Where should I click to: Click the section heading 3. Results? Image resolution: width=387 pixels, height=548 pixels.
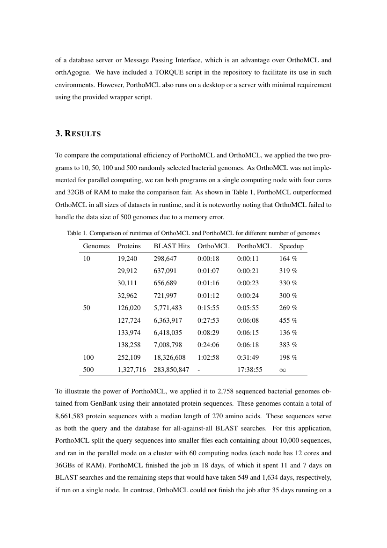[x=78, y=133]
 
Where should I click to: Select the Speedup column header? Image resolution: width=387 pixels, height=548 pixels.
[x=291, y=246]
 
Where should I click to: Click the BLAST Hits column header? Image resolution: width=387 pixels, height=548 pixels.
[x=171, y=246]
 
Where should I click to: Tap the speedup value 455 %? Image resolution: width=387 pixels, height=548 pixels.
[x=288, y=320]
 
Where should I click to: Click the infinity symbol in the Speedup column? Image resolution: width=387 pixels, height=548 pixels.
[x=282, y=370]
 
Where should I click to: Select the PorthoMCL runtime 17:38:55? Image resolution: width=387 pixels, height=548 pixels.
[x=249, y=370]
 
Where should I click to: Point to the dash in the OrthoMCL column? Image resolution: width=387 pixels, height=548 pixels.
[x=199, y=370]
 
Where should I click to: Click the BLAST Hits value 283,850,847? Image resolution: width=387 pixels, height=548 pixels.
[x=171, y=370]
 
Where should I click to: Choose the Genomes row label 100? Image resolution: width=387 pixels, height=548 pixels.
[x=88, y=357]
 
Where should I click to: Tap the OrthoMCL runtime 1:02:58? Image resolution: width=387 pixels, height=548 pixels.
[x=208, y=357]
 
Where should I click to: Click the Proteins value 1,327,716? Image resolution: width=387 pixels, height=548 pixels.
[x=131, y=370]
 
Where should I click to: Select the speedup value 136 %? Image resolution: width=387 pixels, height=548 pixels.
[x=288, y=333]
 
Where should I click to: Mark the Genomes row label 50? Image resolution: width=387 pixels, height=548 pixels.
[x=87, y=308]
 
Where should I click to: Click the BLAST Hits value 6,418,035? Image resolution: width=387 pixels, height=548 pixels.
[x=168, y=333]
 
